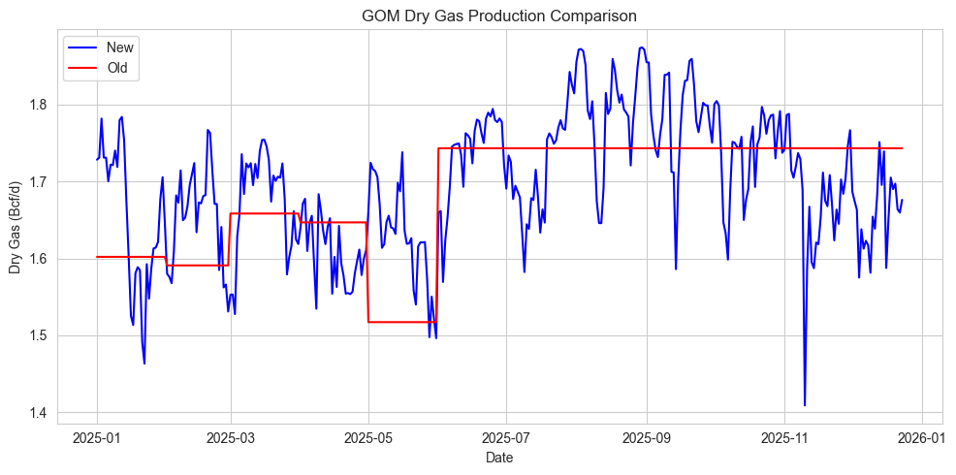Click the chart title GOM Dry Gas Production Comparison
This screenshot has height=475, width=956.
(499, 16)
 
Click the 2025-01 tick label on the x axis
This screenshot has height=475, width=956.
(97, 437)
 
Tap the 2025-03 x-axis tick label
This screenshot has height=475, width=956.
(231, 437)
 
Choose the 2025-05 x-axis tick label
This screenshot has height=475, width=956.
(368, 437)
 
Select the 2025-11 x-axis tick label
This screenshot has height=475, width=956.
(783, 437)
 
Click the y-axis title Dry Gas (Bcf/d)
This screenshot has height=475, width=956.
(15, 229)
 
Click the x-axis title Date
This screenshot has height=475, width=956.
(499, 458)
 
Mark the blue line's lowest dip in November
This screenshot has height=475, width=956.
(805, 405)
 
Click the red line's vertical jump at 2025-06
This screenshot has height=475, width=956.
(438, 235)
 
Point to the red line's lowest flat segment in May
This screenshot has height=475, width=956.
(402, 322)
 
